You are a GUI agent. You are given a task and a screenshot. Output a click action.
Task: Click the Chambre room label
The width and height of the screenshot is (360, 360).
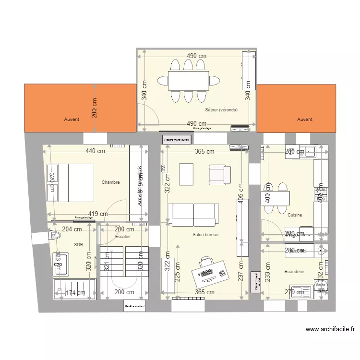click(x=110, y=182)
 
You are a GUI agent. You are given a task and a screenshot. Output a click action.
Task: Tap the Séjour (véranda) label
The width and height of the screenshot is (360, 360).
click(x=221, y=110)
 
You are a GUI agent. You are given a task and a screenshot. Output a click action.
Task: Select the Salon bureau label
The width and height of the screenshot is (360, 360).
click(x=205, y=235)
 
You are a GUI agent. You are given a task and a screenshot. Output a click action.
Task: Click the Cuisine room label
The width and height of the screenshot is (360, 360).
click(x=295, y=215)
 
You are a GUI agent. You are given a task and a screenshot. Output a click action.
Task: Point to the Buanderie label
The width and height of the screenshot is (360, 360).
click(x=294, y=271)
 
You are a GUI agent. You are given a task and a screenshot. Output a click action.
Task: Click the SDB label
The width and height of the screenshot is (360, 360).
click(x=79, y=244)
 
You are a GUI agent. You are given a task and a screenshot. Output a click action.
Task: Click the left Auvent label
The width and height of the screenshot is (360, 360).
click(x=72, y=120)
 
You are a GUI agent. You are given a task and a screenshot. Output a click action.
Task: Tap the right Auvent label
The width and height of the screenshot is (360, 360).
click(x=304, y=120)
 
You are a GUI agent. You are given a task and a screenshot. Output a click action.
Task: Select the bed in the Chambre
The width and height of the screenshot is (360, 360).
click(x=70, y=182)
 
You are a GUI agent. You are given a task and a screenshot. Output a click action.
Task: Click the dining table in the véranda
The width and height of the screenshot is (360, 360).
click(x=188, y=81)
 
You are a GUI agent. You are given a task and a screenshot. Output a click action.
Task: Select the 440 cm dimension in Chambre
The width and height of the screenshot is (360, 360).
click(x=95, y=151)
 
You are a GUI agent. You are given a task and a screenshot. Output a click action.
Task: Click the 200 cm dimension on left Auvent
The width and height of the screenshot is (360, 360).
click(x=95, y=108)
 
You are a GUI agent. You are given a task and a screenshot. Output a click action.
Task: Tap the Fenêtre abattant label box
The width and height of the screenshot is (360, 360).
click(x=134, y=306)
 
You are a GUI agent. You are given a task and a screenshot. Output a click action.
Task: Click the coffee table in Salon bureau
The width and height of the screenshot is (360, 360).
click(x=186, y=173)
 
